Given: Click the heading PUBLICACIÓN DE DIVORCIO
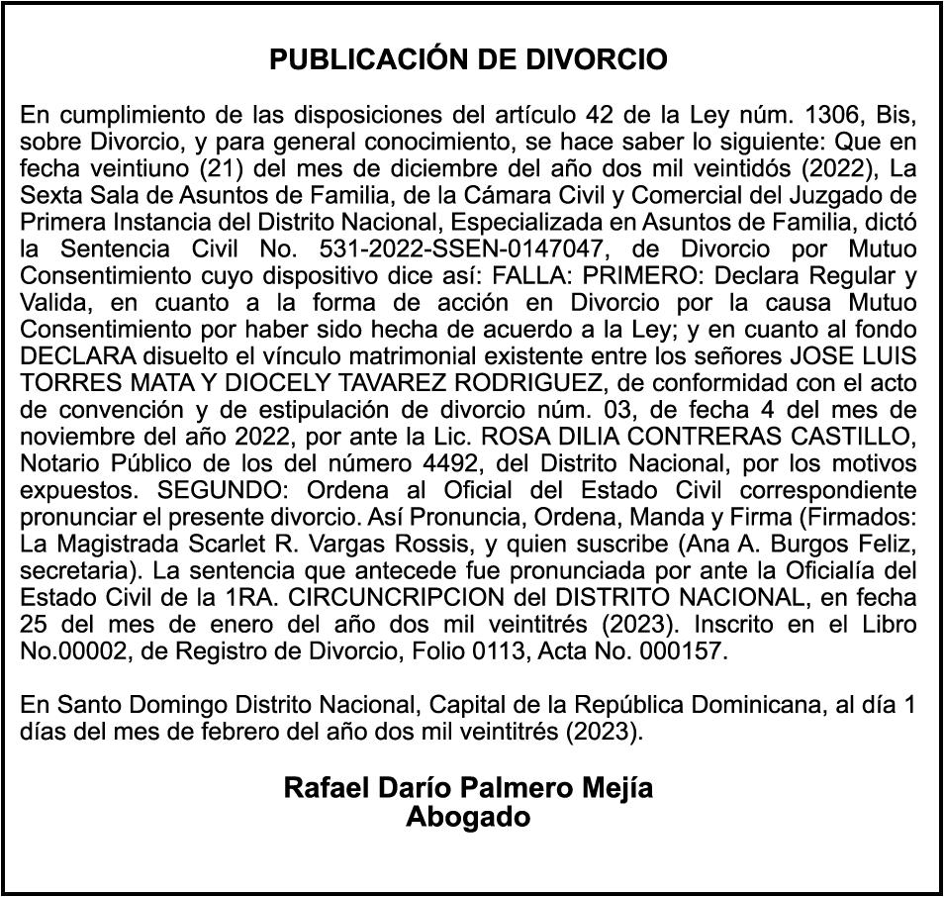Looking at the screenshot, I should [469, 60].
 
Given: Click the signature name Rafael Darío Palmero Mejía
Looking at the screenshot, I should [468, 789].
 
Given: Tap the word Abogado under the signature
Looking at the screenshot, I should [468, 818].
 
